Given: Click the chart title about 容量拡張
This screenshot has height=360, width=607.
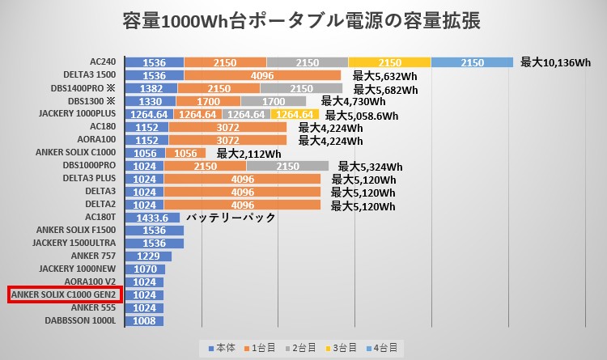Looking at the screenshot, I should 303,20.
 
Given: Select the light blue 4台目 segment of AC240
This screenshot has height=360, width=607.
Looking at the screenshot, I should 472,62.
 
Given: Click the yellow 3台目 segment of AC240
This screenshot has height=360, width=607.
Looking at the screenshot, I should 389,62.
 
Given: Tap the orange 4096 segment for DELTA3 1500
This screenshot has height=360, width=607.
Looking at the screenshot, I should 262,75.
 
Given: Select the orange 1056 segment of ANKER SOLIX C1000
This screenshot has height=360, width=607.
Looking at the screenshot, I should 185,153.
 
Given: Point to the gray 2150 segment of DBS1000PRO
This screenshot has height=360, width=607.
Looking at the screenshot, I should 287,166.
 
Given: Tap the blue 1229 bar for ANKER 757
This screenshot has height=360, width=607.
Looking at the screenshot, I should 153,256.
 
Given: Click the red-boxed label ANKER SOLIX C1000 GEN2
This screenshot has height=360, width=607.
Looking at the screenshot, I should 65,294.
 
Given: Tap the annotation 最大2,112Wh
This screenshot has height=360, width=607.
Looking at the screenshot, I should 248,154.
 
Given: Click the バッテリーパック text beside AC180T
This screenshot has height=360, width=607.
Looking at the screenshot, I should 231,218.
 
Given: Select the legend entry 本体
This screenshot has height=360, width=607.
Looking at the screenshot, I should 223,348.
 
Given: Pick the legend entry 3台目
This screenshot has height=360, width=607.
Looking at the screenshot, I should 342,348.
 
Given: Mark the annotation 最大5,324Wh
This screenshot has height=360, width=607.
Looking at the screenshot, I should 370,167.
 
